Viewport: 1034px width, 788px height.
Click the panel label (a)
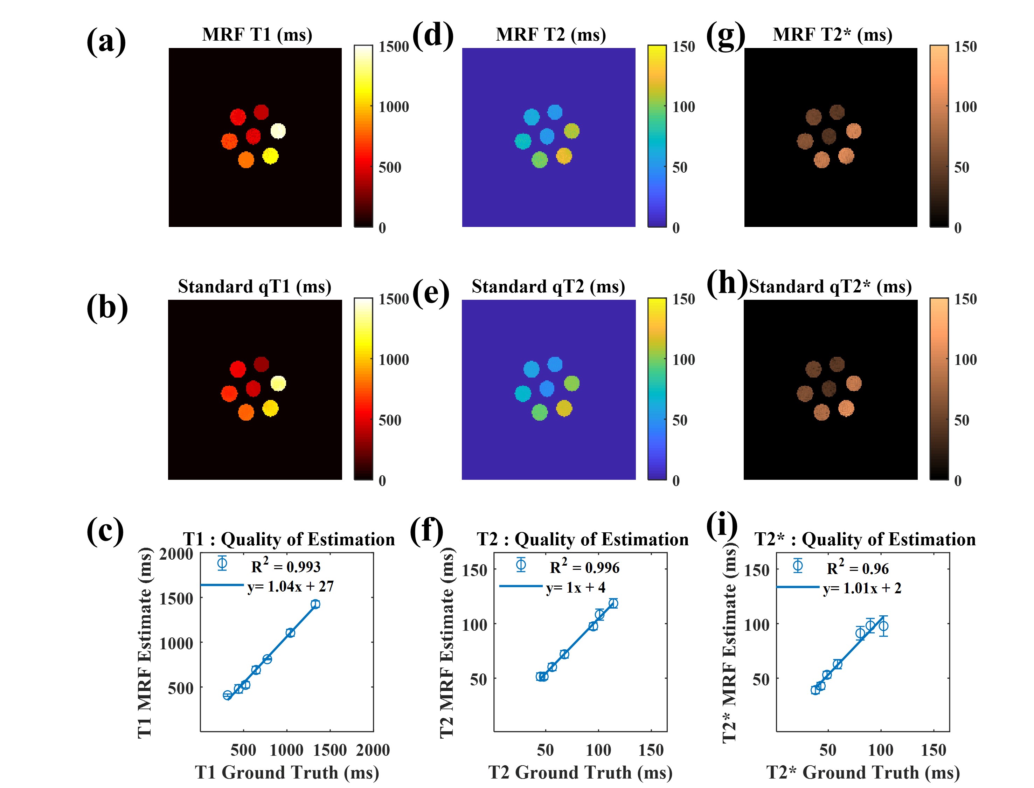(x=106, y=41)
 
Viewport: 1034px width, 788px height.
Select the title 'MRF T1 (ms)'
(x=257, y=35)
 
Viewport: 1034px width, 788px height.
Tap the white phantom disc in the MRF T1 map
(x=278, y=131)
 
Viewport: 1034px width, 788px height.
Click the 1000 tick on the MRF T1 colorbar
(x=394, y=107)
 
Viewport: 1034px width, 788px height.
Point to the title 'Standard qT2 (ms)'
(x=548, y=286)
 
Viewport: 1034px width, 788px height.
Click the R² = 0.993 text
(x=286, y=566)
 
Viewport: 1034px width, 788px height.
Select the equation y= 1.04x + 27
(x=290, y=586)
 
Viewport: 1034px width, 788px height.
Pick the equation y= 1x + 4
(x=575, y=587)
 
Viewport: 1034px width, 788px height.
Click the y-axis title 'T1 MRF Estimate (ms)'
(x=145, y=643)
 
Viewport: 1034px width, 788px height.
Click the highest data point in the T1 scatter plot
(x=315, y=604)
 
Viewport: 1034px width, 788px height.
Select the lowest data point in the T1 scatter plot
(x=228, y=695)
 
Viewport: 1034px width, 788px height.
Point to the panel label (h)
(x=726, y=283)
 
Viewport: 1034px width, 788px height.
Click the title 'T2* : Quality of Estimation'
(x=865, y=539)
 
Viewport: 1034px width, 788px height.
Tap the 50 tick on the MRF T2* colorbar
(x=961, y=167)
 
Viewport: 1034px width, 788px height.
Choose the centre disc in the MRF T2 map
(x=547, y=136)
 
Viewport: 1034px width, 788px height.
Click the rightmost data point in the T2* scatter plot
(x=883, y=626)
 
